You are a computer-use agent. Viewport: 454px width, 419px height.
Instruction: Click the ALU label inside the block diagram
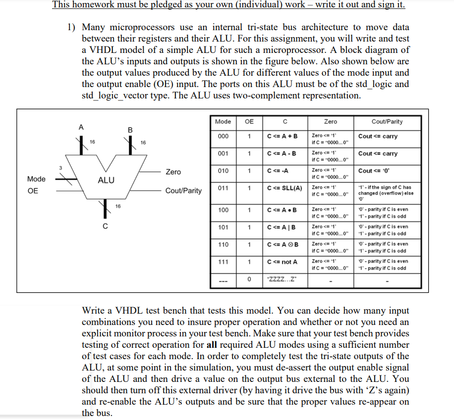coord(106,181)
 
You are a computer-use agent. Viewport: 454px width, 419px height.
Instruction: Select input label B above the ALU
coord(130,130)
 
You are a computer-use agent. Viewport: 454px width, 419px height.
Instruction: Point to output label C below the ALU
coord(105,227)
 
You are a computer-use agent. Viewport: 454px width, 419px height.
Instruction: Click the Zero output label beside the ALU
coord(173,172)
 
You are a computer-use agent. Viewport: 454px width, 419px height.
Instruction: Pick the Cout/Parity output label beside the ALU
coord(183,190)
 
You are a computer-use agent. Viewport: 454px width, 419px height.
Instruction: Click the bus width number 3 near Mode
coord(61,168)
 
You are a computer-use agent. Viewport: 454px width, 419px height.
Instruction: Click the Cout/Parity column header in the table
coord(387,122)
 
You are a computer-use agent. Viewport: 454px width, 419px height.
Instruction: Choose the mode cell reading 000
coord(223,137)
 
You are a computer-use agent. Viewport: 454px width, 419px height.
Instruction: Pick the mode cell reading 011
coord(223,188)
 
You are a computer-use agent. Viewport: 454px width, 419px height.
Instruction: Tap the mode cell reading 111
coord(223,262)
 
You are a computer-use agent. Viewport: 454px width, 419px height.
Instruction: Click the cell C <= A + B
coord(282,137)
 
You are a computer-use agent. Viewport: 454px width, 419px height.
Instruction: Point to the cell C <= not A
coord(282,262)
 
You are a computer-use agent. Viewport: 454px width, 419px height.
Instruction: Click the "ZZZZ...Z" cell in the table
coord(281,279)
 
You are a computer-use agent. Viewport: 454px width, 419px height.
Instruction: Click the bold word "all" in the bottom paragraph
coord(205,345)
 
